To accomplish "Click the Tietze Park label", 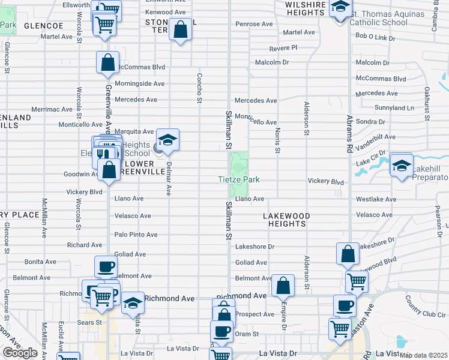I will [x=238, y=179].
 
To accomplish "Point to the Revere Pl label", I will [x=283, y=47].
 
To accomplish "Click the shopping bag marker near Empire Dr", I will [x=283, y=286].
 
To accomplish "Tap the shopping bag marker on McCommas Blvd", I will [x=107, y=62].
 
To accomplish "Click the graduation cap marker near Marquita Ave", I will [x=168, y=139].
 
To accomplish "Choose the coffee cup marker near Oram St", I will [x=221, y=331].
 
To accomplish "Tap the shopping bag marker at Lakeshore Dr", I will [x=348, y=253].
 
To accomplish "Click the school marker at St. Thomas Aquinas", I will [x=340, y=8].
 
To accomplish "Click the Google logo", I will [x=20, y=353].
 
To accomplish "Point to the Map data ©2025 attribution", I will [x=424, y=355].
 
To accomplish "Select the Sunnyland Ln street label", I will [x=394, y=108].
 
